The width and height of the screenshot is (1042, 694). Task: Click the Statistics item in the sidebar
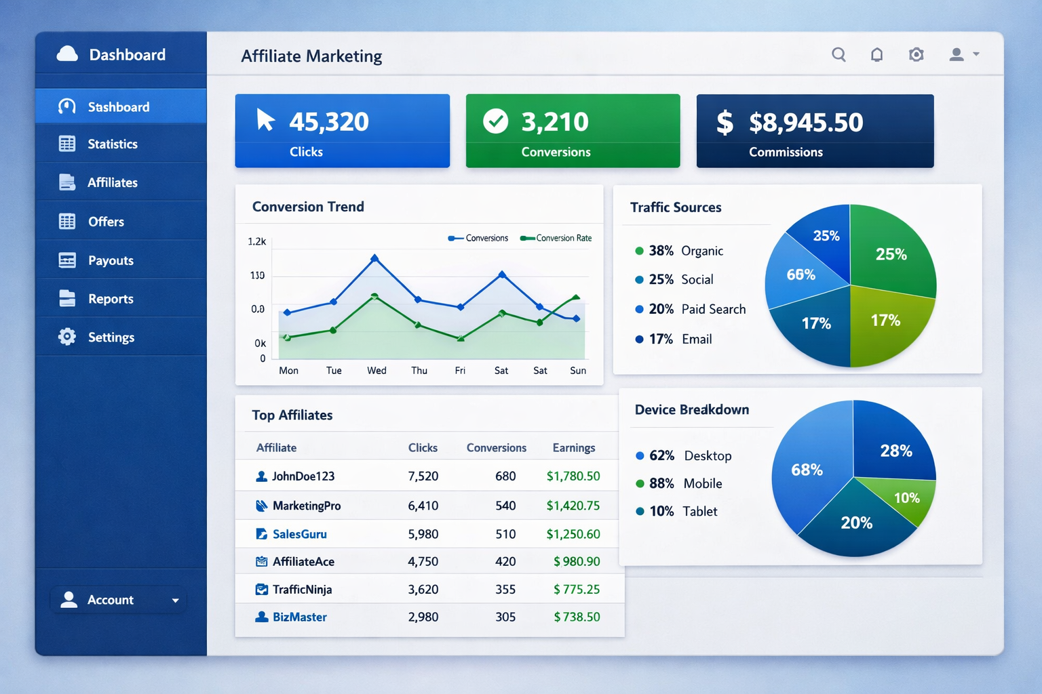[x=112, y=144]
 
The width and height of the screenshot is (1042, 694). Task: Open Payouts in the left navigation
[x=111, y=260]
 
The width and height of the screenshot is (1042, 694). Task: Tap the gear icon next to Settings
[x=67, y=337]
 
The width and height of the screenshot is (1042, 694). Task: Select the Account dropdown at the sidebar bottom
[x=119, y=600]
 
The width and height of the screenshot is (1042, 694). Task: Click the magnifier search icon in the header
[x=838, y=55]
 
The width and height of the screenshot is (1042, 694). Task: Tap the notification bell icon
[x=876, y=55]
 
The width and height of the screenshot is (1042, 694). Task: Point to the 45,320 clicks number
[x=329, y=122]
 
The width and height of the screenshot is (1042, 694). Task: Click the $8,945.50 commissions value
[x=806, y=123]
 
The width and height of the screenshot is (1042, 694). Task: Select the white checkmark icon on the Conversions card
[x=495, y=121]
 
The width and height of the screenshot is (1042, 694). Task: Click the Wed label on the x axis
[x=377, y=371]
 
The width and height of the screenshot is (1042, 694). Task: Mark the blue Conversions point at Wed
[x=374, y=258]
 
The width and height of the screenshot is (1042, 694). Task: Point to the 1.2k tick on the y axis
[x=257, y=241]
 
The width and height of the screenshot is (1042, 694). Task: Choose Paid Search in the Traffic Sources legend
[x=713, y=309]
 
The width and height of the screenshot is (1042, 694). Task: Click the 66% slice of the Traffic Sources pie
[x=800, y=274]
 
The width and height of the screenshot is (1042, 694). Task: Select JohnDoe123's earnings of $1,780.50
[x=573, y=476]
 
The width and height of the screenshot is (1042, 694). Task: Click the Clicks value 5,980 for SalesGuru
[x=423, y=534]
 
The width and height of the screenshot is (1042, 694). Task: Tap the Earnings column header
[x=573, y=448]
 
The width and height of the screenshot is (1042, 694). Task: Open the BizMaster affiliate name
[x=299, y=617]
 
